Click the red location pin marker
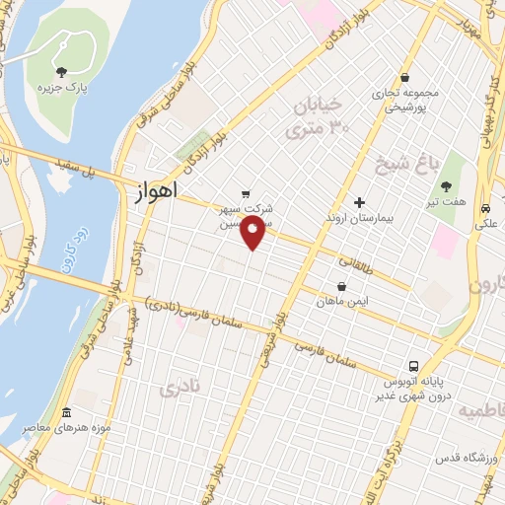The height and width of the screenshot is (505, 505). tap(254, 234)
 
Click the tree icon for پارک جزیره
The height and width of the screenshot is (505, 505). tap(62, 71)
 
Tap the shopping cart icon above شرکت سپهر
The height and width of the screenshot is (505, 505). tap(246, 194)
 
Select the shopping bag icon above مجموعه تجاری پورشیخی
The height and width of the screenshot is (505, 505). tap(405, 78)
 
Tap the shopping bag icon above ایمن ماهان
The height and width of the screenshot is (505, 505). tap(341, 286)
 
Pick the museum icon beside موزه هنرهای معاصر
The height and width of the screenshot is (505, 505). tap(66, 412)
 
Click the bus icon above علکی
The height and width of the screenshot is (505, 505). tap(485, 209)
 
